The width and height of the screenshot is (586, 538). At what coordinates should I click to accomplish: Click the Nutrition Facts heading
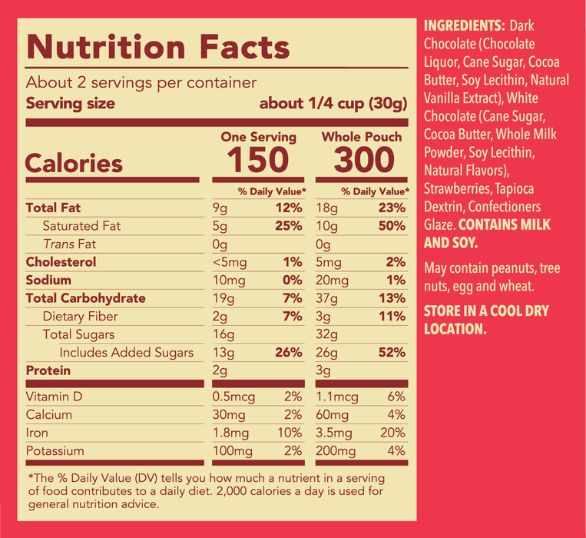click(x=157, y=48)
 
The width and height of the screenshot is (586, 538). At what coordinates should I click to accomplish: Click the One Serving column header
click(x=258, y=137)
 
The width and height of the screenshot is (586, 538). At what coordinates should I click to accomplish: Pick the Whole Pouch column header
click(x=361, y=137)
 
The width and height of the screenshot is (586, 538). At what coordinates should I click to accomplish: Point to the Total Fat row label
click(x=53, y=208)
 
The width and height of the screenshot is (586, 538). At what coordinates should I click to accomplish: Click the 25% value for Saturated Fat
click(x=289, y=226)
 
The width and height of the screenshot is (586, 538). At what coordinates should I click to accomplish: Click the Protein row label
click(x=48, y=370)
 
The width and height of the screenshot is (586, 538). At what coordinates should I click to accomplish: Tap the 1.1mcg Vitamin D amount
click(x=337, y=397)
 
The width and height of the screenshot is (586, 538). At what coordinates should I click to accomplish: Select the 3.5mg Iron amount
click(x=336, y=433)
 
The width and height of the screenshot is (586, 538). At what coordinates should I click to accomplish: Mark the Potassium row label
click(x=55, y=451)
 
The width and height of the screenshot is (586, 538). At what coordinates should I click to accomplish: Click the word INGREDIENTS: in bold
click(x=464, y=26)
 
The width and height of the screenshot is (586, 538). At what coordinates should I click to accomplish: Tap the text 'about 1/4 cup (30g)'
click(x=333, y=104)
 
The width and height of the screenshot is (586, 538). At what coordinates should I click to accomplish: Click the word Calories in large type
click(x=74, y=164)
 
